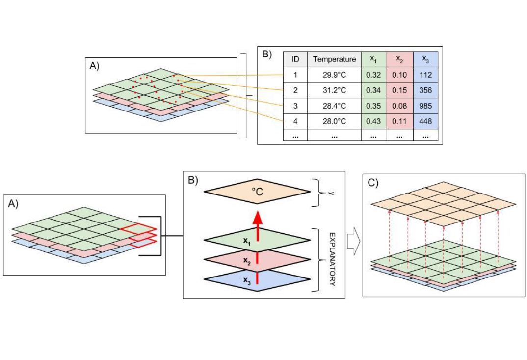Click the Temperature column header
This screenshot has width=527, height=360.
coord(334,59)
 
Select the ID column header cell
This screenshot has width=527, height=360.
coord(295,59)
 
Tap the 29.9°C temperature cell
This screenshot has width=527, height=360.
coord(334,75)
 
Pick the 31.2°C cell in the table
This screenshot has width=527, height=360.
coord(334,91)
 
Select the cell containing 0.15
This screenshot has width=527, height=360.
coord(399,91)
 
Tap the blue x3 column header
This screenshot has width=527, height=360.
coord(425,59)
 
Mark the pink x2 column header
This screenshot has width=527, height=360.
coord(399,59)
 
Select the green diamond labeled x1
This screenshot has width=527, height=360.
coord(257,240)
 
